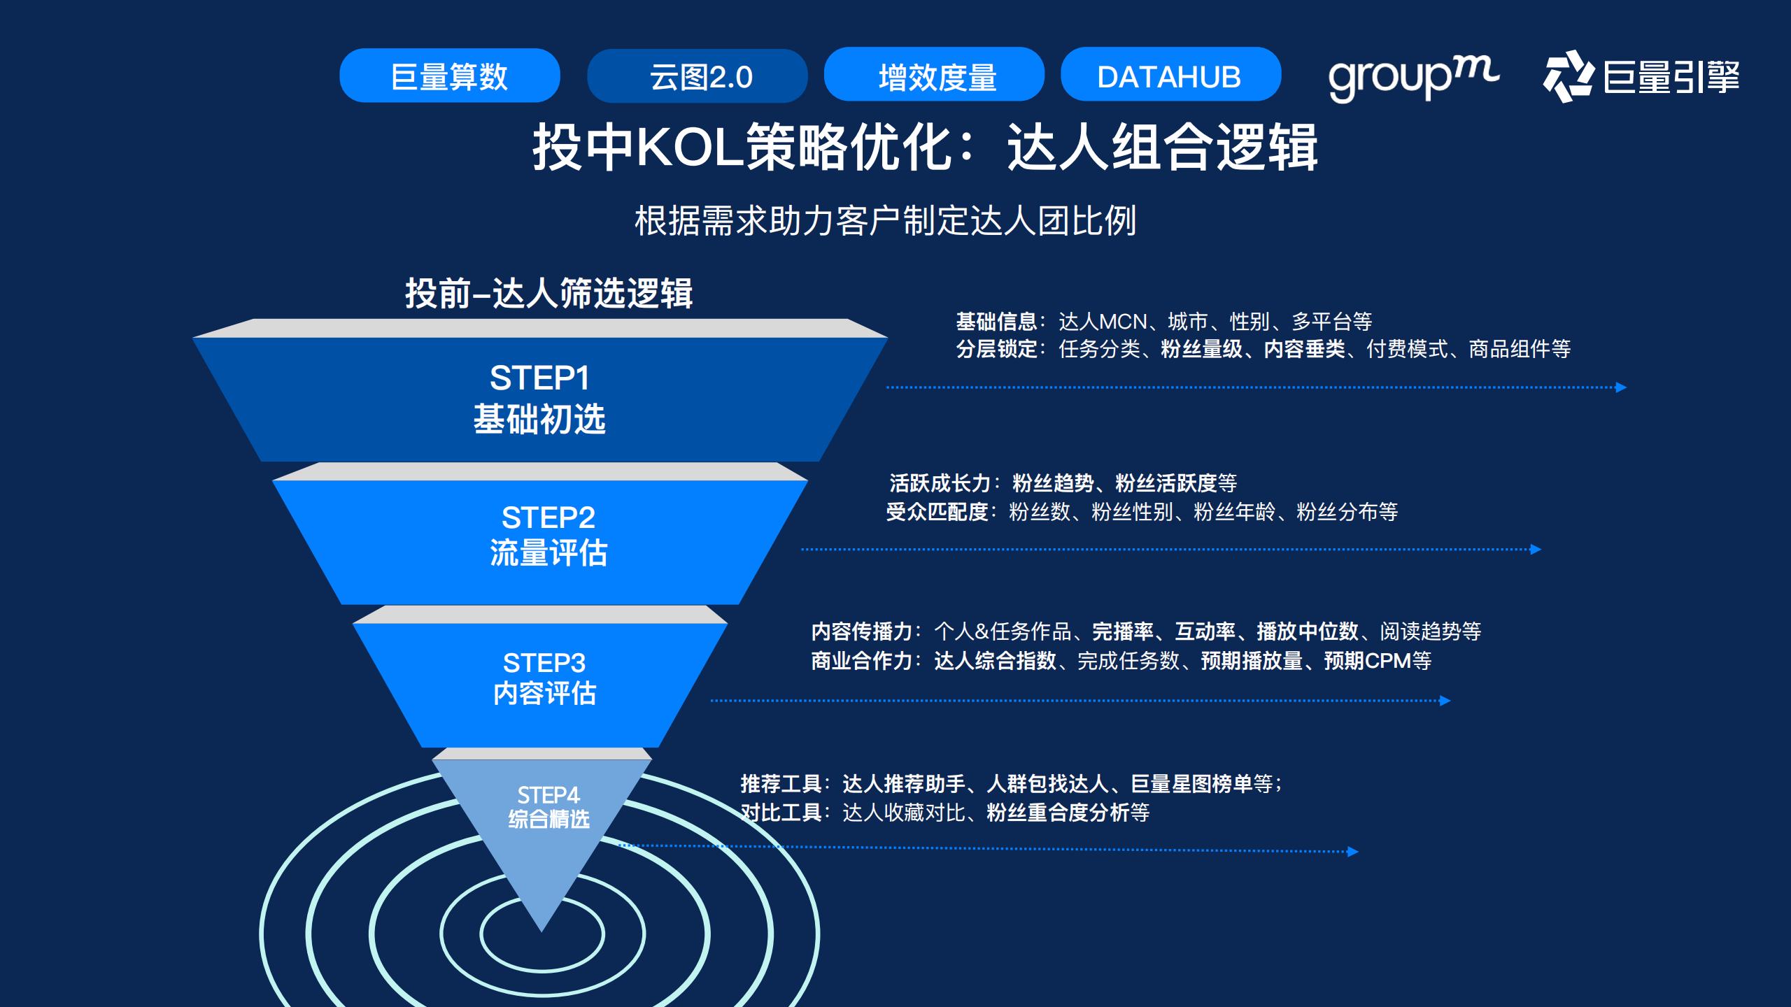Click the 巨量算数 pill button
tap(449, 76)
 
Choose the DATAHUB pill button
tap(1170, 75)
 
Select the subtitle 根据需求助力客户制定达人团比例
tap(885, 221)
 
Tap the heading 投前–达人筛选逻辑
tap(548, 293)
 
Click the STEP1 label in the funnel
tap(539, 378)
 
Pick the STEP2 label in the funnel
tap(548, 518)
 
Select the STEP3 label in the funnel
tap(544, 663)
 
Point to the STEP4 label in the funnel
tap(548, 795)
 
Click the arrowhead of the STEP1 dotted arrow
tap(1621, 387)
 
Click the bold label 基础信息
tap(996, 322)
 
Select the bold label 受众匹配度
tap(937, 512)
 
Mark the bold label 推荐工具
tap(781, 784)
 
